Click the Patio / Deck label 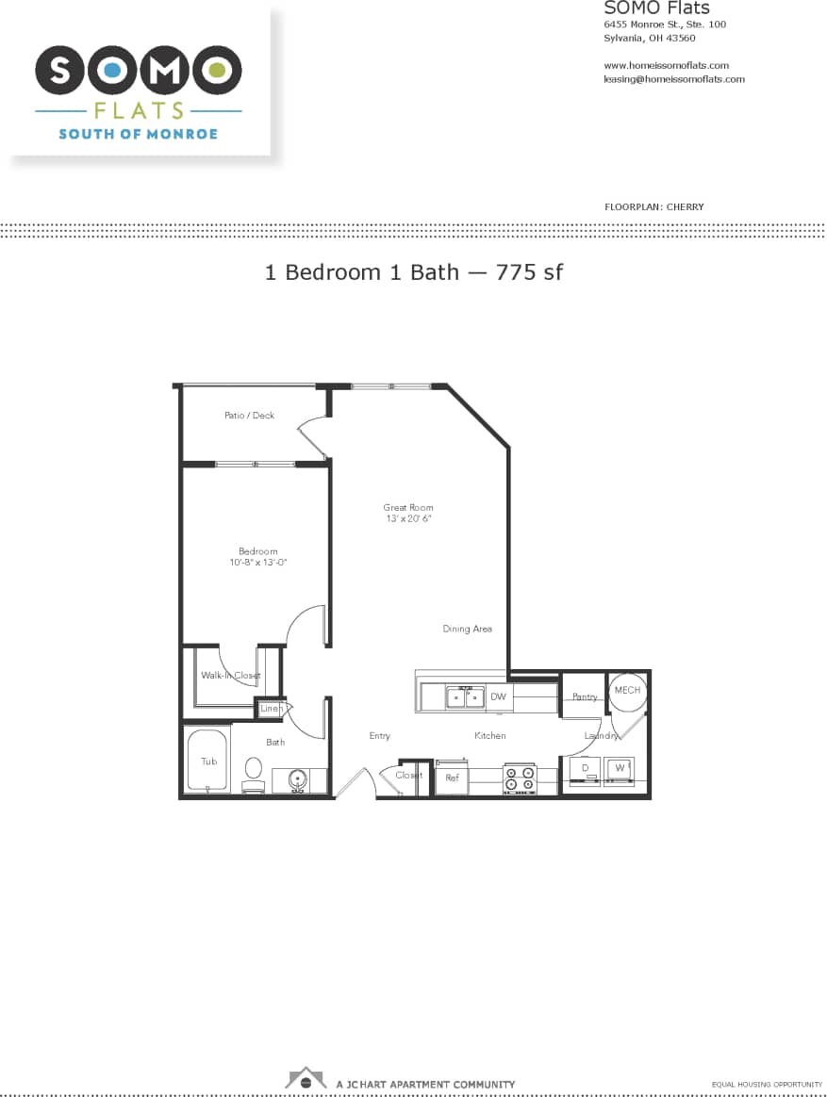(249, 416)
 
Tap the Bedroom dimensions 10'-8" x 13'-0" (258, 563)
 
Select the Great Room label (408, 508)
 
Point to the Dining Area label (468, 629)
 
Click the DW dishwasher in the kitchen (499, 697)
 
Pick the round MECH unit (627, 691)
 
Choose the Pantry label (585, 697)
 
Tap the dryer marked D (585, 769)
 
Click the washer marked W (620, 769)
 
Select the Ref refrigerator (452, 778)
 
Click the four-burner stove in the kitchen (519, 778)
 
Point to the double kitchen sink (465, 697)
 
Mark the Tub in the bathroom (207, 761)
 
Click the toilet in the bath (253, 771)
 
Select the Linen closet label (271, 708)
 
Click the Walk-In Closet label (230, 676)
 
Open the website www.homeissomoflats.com (666, 66)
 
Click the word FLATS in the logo (138, 110)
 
